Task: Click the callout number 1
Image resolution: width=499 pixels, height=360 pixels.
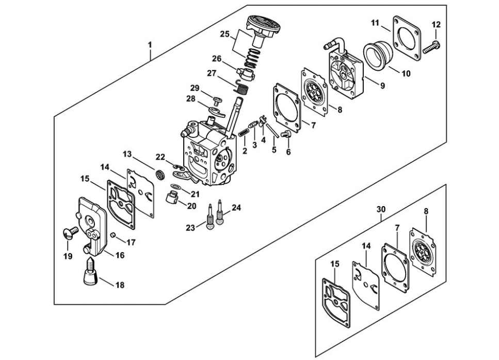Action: pyautogui.click(x=150, y=45)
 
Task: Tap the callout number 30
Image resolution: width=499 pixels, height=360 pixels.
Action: pyautogui.click(x=381, y=209)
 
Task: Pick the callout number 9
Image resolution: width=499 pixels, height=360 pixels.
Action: pyautogui.click(x=382, y=86)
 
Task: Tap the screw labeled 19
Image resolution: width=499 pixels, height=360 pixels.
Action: pyautogui.click(x=70, y=234)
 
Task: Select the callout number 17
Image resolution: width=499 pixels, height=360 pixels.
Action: pyautogui.click(x=131, y=242)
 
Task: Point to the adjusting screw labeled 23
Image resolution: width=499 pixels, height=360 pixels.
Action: pyautogui.click(x=210, y=220)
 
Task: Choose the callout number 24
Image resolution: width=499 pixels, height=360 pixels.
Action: pyautogui.click(x=236, y=208)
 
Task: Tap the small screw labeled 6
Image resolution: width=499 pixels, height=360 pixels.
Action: pyautogui.click(x=288, y=136)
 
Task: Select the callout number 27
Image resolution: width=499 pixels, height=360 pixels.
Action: pyautogui.click(x=212, y=73)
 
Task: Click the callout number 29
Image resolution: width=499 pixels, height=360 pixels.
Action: pyautogui.click(x=195, y=88)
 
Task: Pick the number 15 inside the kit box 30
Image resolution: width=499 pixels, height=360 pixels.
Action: pyautogui.click(x=335, y=263)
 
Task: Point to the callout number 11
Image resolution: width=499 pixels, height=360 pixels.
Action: pyautogui.click(x=375, y=22)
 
